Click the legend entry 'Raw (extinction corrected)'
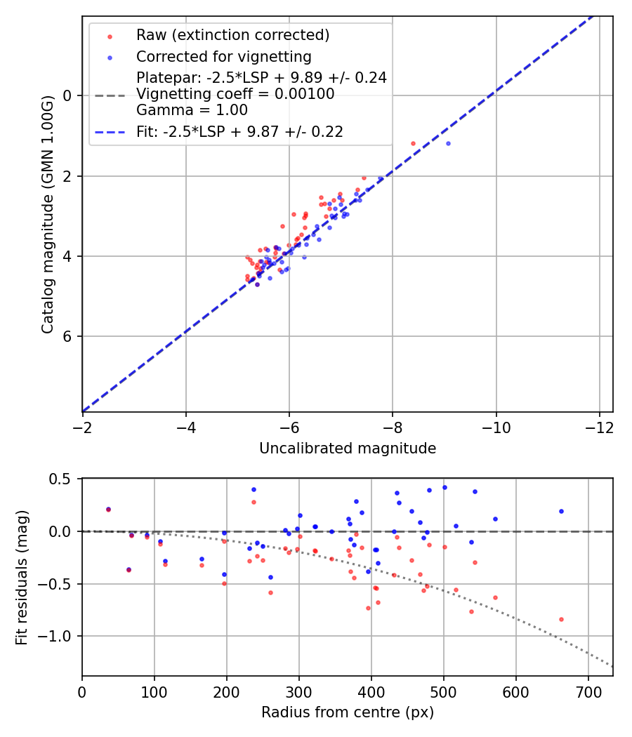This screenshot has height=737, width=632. [232, 35]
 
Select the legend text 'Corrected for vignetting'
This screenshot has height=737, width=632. [223, 56]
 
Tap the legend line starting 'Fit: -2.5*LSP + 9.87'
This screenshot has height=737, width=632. [239, 132]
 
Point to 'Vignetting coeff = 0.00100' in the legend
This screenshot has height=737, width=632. [235, 94]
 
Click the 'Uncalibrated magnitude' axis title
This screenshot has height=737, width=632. [348, 449]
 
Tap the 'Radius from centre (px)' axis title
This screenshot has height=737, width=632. [348, 712]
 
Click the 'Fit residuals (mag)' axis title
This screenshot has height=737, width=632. [22, 577]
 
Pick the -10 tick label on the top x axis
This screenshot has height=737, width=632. [496, 427]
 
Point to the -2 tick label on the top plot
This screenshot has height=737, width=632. [83, 427]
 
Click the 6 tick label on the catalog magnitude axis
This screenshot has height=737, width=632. [67, 336]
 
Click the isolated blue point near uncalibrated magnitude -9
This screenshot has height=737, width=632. [448, 143]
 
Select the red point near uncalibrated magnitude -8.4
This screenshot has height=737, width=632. [413, 143]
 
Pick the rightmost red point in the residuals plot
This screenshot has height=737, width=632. [561, 619]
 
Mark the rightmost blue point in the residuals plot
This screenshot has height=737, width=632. [561, 511]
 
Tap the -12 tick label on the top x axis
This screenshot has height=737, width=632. [599, 427]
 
